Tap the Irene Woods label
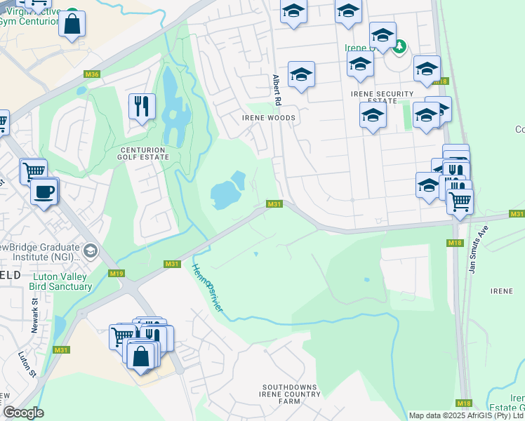(x=269, y=118)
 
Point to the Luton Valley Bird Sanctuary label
(x=62, y=281)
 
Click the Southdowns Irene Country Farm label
(x=290, y=394)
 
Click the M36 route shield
(x=91, y=74)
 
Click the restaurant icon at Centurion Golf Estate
(x=142, y=106)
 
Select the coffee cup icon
(x=45, y=192)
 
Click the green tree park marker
(x=400, y=47)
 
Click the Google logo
(x=22, y=413)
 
